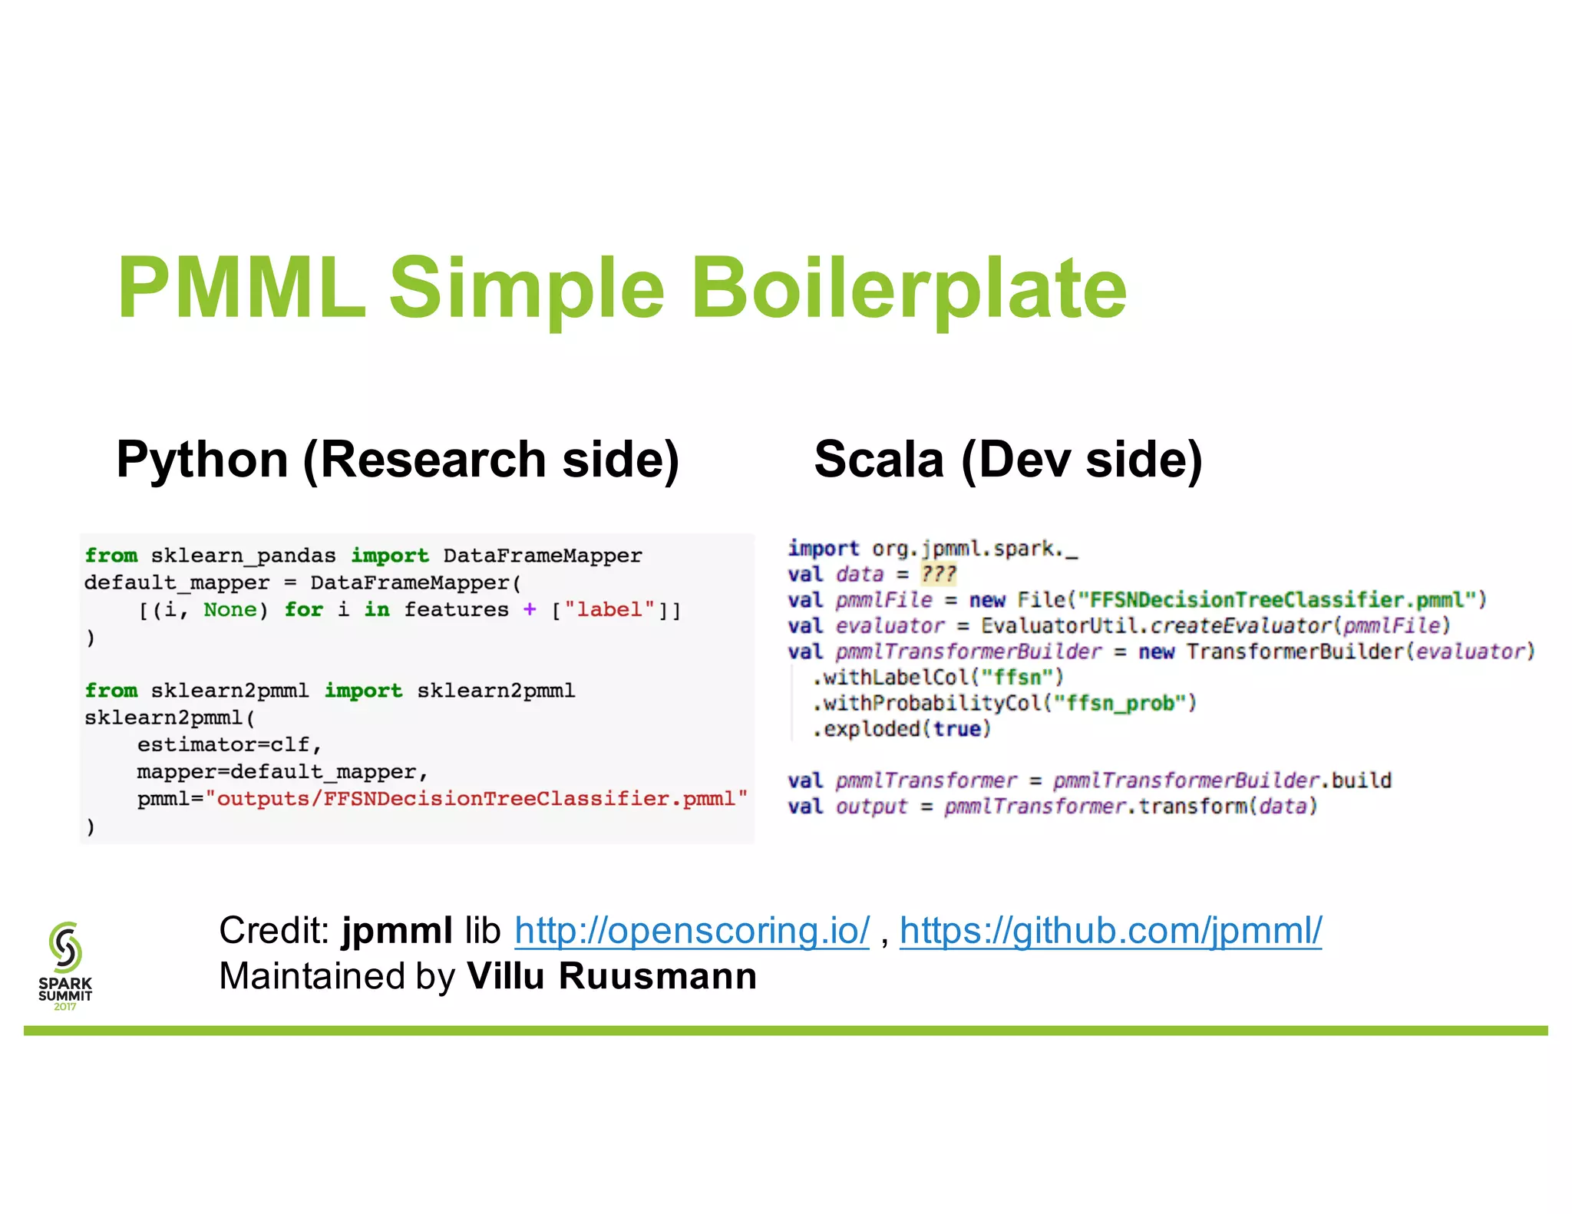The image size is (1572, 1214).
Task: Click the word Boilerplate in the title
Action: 909,289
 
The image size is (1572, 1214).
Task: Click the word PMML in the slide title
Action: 241,289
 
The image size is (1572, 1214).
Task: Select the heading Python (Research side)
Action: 398,460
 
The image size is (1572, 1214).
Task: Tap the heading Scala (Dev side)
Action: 1008,460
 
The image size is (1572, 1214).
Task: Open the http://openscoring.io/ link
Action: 692,931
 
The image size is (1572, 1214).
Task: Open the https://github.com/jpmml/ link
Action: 1110,931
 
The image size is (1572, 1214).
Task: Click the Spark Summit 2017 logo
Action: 65,965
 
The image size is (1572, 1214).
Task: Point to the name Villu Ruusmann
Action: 612,977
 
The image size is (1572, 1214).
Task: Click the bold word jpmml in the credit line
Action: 397,931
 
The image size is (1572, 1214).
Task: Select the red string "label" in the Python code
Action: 609,610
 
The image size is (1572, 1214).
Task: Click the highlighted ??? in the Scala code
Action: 938,574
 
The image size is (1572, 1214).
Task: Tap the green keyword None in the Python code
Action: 230,610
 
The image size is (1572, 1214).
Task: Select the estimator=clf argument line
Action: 229,745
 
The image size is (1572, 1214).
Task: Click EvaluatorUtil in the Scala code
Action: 1058,626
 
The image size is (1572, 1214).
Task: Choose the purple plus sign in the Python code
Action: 530,610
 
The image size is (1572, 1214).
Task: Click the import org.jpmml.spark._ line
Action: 933,549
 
